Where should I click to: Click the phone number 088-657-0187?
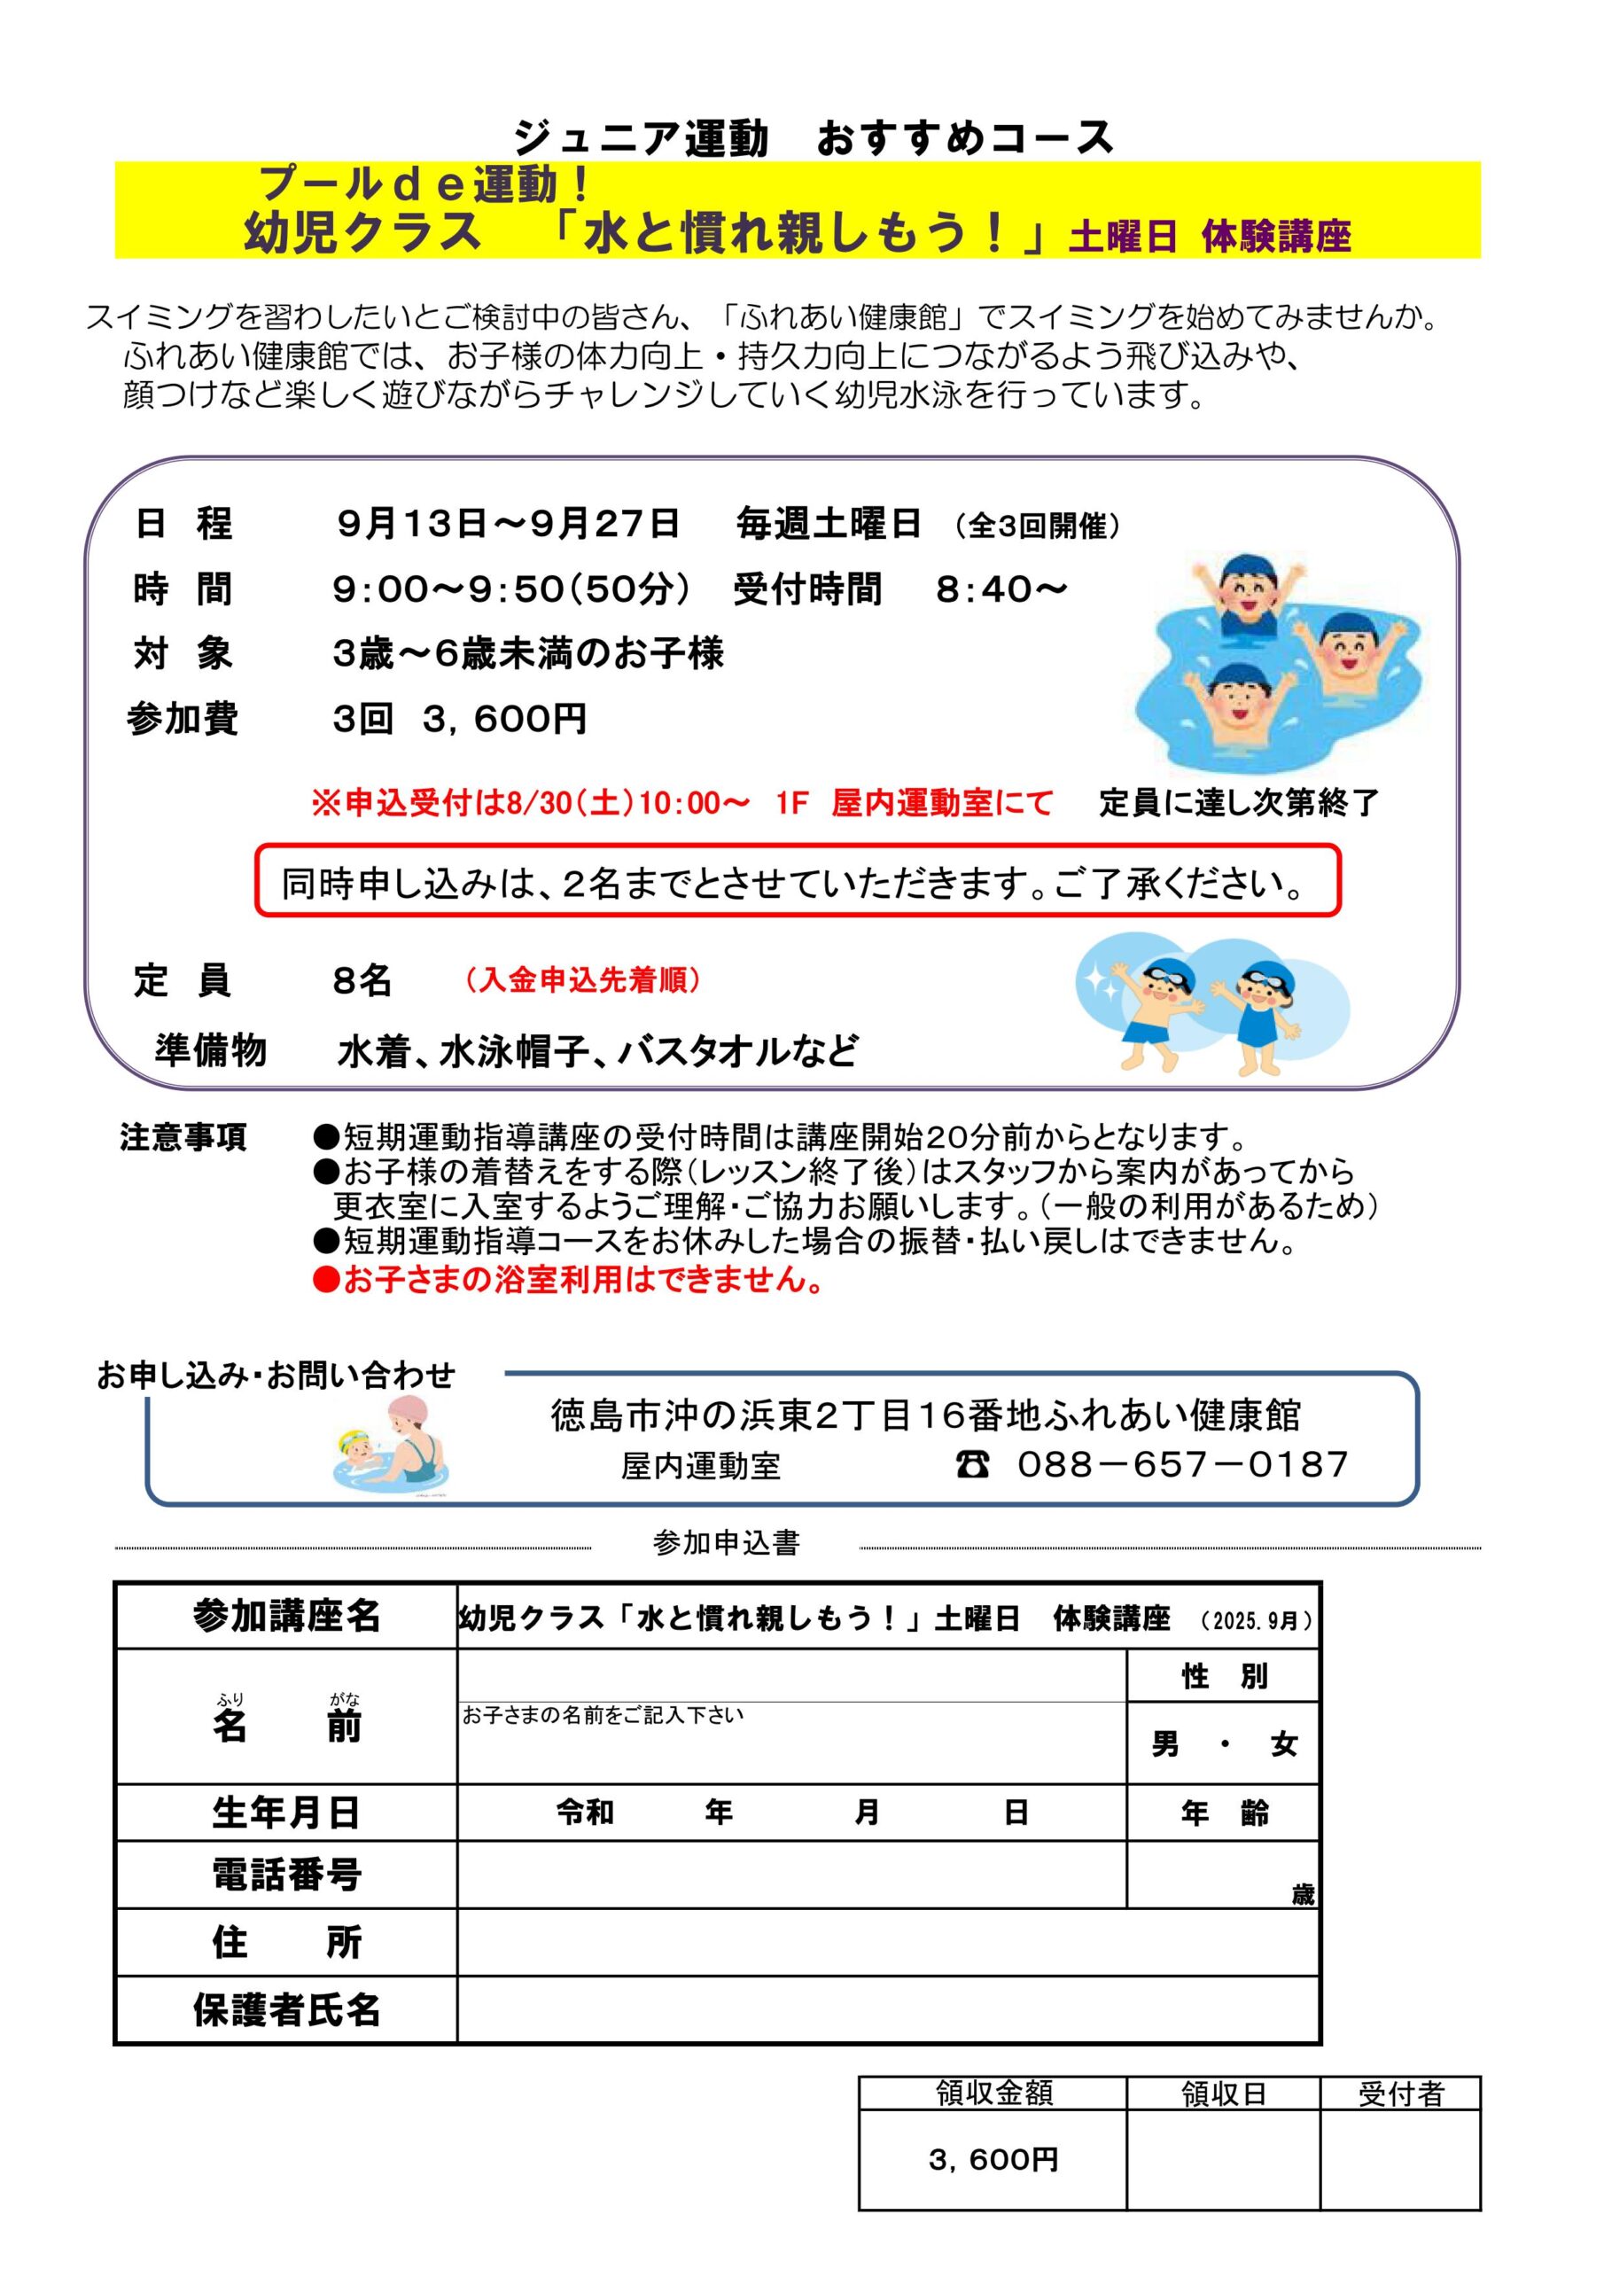[1182, 1464]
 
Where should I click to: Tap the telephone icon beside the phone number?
[972, 1464]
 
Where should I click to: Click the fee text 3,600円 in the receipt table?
[993, 2160]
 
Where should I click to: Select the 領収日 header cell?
[1224, 2094]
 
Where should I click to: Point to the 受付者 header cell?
[1400, 2094]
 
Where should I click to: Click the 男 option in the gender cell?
[1165, 1744]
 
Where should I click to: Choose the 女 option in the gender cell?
[1284, 1744]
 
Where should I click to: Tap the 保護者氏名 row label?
[286, 2010]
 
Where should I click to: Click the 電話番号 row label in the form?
[286, 1875]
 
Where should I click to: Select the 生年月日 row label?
[286, 1813]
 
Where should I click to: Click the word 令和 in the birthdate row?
[585, 1813]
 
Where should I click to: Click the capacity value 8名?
[362, 980]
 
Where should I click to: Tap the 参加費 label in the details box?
[183, 719]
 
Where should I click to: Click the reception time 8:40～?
[1001, 589]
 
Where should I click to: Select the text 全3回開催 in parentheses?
[1038, 526]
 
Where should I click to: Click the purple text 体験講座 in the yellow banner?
[1276, 238]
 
